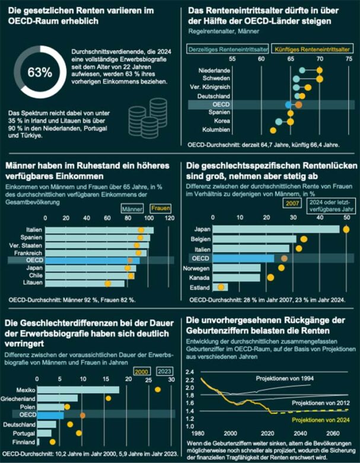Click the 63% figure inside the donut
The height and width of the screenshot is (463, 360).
(40, 73)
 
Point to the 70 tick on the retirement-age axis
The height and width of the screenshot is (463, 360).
(320, 60)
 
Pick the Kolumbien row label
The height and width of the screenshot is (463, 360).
(217, 129)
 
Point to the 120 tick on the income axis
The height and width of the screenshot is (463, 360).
(170, 218)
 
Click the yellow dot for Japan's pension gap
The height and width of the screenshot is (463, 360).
(346, 229)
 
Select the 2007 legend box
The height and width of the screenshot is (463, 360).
(291, 204)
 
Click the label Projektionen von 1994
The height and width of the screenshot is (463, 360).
(281, 378)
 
